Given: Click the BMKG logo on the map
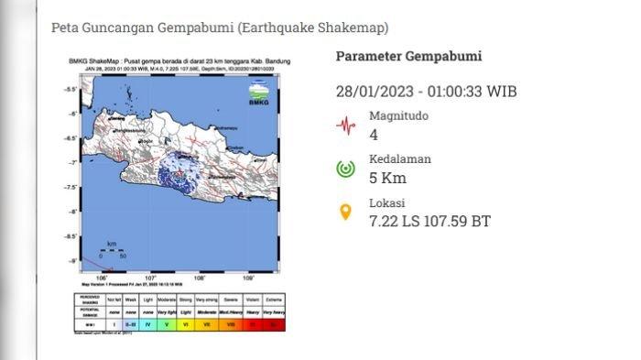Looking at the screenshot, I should coord(258,94).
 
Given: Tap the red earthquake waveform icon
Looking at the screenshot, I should coord(345,125).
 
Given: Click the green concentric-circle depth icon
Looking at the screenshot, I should coord(345,169).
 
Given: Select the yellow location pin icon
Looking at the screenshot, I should coord(345,213).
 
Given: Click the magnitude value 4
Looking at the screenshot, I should coord(373,135).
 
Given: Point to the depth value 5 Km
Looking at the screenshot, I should coord(387,178).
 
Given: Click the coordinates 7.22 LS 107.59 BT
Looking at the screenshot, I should coord(430,221).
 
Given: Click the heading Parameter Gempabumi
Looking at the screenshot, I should coord(408,56).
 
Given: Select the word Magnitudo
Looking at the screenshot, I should coord(398,116).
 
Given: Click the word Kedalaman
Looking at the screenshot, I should coord(400,159).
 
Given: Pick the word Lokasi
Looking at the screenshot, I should coord(387,203).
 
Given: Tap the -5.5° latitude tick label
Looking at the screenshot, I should coord(69,90).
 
